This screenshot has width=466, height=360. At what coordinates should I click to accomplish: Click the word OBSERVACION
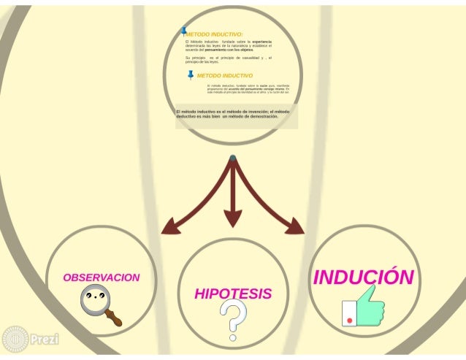coord(101,278)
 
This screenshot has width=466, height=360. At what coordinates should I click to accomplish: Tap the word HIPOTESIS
coord(232,294)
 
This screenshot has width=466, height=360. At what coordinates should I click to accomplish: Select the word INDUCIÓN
coord(363,277)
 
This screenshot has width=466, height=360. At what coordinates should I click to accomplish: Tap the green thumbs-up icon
coord(362,306)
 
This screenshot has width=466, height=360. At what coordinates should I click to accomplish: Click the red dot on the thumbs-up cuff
coord(349,321)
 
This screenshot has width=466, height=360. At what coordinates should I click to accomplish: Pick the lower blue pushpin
coord(191,75)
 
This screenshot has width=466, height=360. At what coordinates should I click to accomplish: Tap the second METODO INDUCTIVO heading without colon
coord(225,75)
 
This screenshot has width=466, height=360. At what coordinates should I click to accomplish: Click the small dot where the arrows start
coord(232,158)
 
